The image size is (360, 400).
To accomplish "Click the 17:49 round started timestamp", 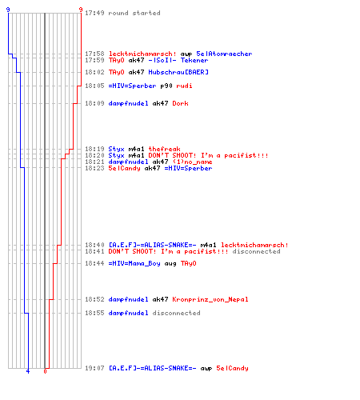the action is (x=94, y=13).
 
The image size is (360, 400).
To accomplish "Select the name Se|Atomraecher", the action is (x=224, y=54).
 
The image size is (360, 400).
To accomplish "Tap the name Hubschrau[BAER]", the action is (x=178, y=72).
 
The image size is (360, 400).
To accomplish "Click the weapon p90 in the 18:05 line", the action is (x=166, y=86).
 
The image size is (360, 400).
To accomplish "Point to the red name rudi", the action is (x=184, y=86).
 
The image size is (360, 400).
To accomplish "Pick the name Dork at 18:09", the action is (x=180, y=103).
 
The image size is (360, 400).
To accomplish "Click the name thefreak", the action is (x=164, y=149).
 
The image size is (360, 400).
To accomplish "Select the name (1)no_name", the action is (x=192, y=162).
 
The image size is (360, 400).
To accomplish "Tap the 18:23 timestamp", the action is (x=94, y=168).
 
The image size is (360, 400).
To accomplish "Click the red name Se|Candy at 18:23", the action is (x=124, y=168).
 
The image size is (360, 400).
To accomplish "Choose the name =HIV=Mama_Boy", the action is (x=134, y=263).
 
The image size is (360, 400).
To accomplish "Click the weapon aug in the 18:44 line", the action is (x=170, y=264).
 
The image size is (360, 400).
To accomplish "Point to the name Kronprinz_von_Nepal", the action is (x=210, y=299).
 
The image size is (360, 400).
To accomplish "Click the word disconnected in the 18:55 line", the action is (x=176, y=313).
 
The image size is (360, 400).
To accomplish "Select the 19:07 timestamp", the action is (x=94, y=368).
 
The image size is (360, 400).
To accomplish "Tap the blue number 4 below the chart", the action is (x=28, y=371).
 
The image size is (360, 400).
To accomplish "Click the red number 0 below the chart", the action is (x=45, y=371).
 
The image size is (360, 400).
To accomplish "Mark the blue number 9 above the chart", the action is (x=8, y=10).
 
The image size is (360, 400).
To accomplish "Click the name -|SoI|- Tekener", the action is (x=178, y=60).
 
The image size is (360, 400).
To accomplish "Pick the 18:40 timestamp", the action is (x=94, y=245).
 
